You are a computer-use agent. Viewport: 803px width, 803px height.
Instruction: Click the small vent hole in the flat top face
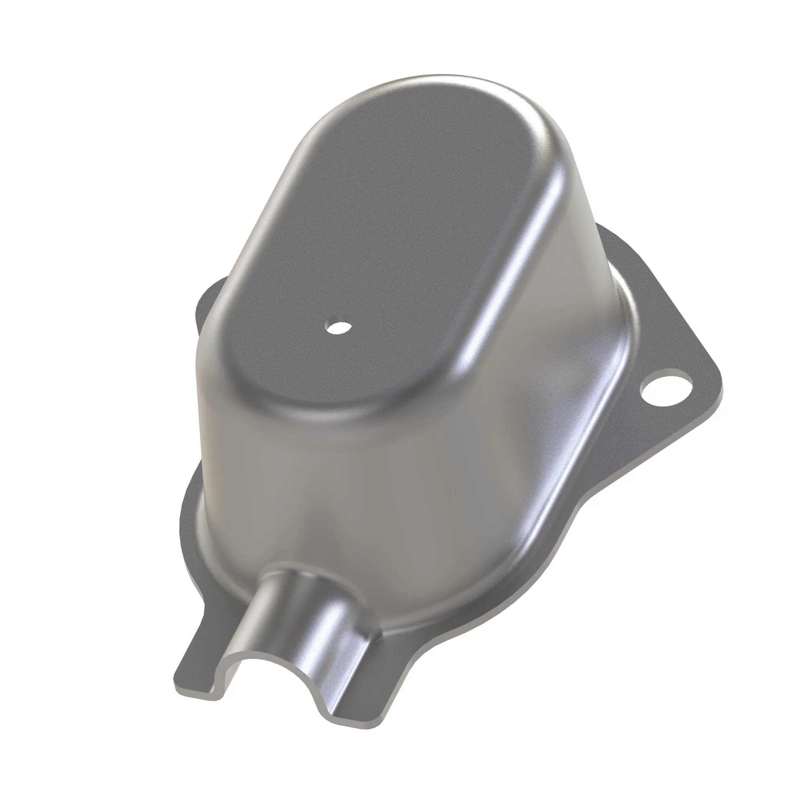338,326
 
